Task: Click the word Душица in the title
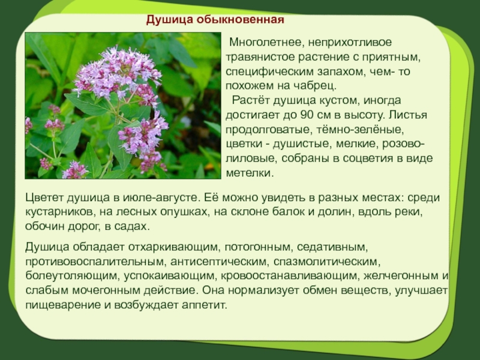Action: click(169, 20)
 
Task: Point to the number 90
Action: click(307, 115)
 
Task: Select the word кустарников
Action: click(59, 212)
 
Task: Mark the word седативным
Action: click(332, 247)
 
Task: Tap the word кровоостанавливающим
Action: click(290, 276)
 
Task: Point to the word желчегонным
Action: click(401, 276)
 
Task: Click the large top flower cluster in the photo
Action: click(117, 72)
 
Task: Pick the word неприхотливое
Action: click(350, 42)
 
